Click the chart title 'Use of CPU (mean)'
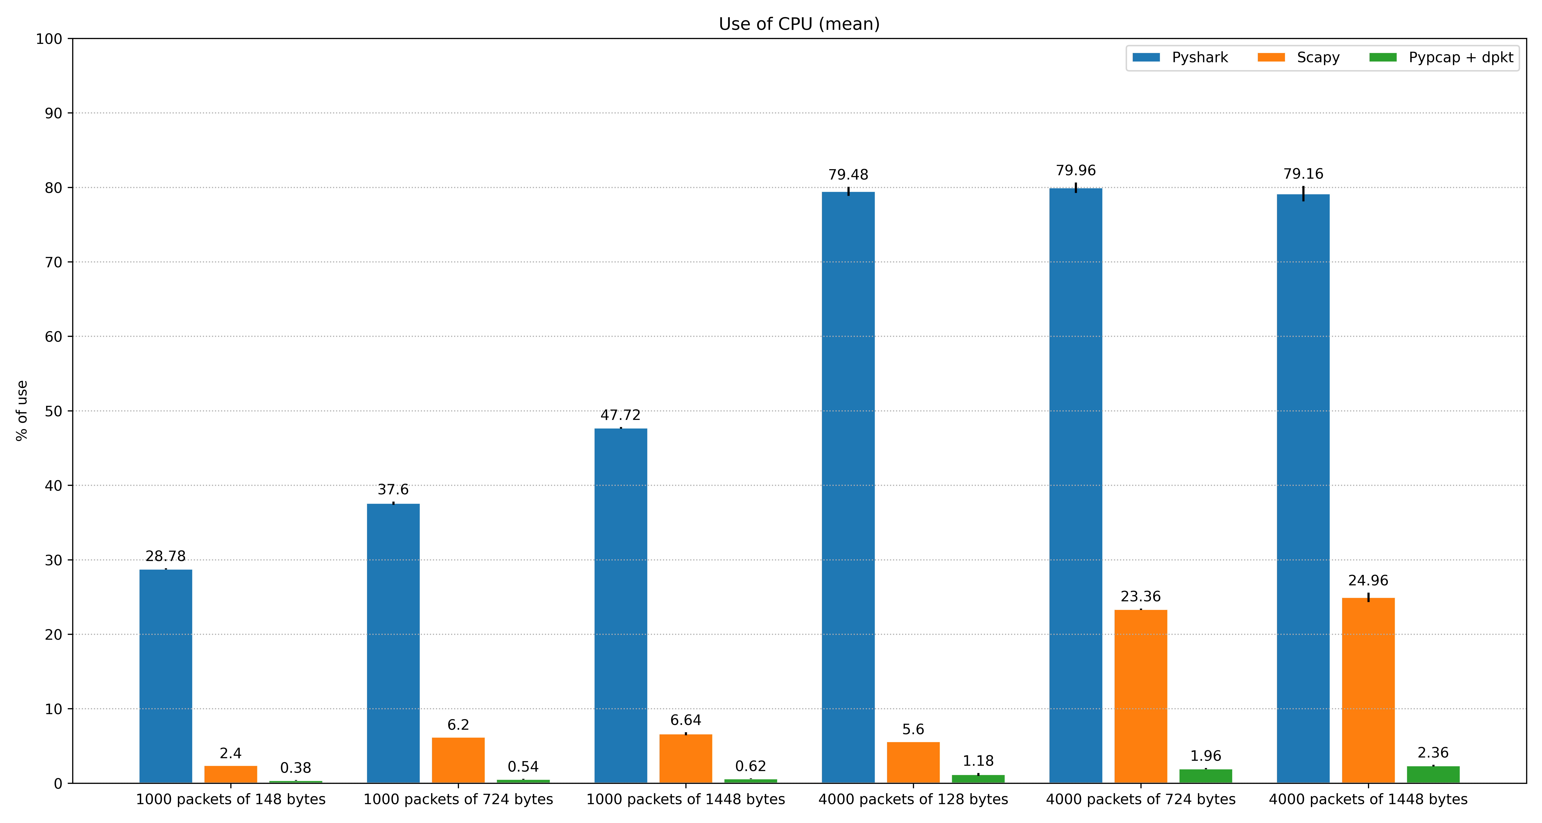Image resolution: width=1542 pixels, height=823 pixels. [x=799, y=24]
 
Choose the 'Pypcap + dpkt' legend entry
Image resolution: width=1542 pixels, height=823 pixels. [x=1441, y=57]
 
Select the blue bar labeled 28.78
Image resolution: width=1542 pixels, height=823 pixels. [x=166, y=676]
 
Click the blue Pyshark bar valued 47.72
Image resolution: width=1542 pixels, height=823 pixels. [x=621, y=606]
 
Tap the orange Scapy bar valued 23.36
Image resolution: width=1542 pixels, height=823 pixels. [x=1141, y=697]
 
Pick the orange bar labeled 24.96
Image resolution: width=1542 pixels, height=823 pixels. [x=1368, y=691]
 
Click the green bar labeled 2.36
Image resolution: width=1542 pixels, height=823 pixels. [x=1433, y=774]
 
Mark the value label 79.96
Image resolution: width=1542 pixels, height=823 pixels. [x=1076, y=171]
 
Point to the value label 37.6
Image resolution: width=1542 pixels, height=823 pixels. [x=393, y=490]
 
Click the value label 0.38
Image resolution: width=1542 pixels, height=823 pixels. [x=296, y=768]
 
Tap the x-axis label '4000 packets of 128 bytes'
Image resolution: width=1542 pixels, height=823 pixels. [x=914, y=800]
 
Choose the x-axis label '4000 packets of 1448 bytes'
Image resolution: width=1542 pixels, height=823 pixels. [x=1368, y=800]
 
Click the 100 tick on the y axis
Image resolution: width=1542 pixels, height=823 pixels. [x=49, y=39]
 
